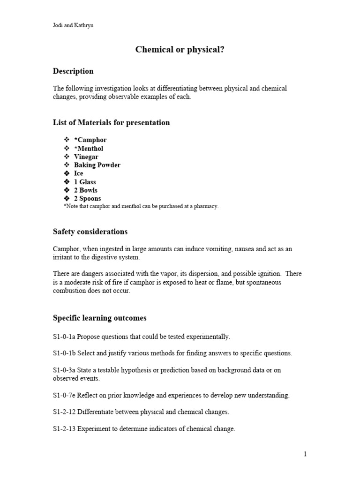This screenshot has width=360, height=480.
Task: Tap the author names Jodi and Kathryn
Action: click(x=73, y=25)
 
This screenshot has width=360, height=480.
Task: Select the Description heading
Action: click(x=73, y=71)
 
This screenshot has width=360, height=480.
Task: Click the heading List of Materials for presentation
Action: click(x=111, y=123)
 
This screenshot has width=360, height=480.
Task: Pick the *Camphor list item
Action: click(x=90, y=140)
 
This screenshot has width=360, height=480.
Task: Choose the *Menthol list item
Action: click(x=89, y=148)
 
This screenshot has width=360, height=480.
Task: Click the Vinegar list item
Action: click(x=86, y=157)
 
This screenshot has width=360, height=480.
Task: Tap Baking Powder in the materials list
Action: click(x=97, y=165)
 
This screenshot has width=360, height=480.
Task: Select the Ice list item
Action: click(x=79, y=173)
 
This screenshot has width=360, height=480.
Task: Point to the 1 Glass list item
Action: click(x=85, y=182)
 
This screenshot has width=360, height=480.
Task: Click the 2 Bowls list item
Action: click(x=85, y=190)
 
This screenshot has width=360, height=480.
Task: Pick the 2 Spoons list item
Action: click(x=87, y=199)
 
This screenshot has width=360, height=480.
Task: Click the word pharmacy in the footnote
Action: click(x=207, y=206)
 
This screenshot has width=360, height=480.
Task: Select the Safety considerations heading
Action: click(x=90, y=232)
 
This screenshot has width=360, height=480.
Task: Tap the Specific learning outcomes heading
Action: click(x=99, y=318)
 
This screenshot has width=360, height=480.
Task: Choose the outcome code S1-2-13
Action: click(x=64, y=429)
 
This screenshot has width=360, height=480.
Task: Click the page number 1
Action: click(x=305, y=454)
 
